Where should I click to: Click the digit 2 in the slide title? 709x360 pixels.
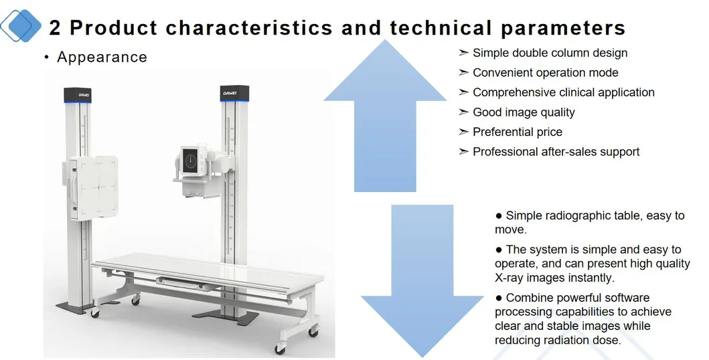[x=55, y=28]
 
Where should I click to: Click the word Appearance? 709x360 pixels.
[x=102, y=58]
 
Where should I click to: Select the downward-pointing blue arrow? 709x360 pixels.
[x=421, y=281]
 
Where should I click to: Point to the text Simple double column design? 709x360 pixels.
[x=550, y=53]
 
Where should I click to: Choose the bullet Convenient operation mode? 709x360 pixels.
[x=545, y=73]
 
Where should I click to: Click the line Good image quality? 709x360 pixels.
[x=524, y=112]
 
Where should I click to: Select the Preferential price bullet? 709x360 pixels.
[x=518, y=132]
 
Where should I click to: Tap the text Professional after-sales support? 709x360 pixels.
[x=556, y=152]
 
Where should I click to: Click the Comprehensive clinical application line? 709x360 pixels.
[x=563, y=92]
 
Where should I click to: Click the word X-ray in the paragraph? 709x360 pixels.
[x=513, y=278]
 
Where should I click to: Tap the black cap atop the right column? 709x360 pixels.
[x=234, y=94]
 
